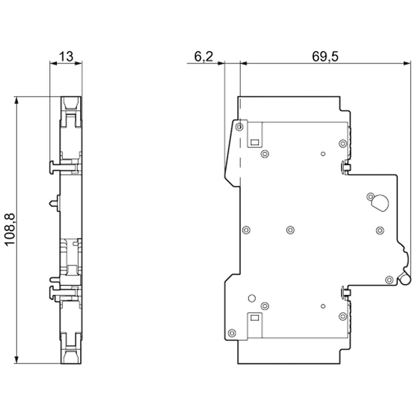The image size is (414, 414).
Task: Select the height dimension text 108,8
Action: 10,229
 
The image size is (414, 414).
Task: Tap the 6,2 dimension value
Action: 203,57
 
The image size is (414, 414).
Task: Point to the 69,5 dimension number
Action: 325,57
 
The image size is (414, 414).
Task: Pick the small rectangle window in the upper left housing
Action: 255,142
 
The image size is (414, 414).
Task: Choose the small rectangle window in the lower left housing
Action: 255,318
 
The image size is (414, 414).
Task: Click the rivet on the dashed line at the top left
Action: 239,127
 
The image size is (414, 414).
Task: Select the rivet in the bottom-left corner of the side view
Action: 232,332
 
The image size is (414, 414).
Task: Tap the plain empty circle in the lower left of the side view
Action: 250,298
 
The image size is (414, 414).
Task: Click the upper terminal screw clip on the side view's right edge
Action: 345,167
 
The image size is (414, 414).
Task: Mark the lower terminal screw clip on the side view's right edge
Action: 345,293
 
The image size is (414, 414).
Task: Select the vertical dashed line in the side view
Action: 240,153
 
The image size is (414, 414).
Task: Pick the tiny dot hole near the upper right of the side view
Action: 323,154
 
